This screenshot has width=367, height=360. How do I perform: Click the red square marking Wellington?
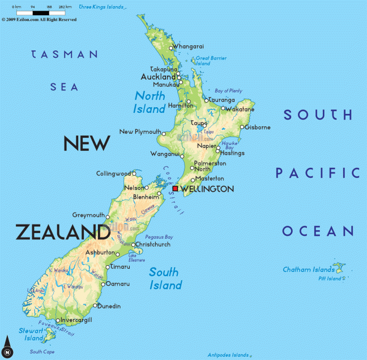[176, 188]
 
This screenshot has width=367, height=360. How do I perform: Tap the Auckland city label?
[158, 77]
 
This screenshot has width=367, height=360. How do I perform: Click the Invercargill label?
[76, 320]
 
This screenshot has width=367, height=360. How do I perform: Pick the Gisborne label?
[258, 127]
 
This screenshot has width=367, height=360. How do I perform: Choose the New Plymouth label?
[140, 132]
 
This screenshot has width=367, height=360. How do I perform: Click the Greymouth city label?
[89, 215]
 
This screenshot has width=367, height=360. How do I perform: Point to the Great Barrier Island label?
[211, 60]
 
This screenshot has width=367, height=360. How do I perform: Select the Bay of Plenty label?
[228, 91]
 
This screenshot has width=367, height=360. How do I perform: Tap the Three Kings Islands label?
[100, 7]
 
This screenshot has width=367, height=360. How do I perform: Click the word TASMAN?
[64, 54]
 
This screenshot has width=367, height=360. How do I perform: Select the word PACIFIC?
[317, 172]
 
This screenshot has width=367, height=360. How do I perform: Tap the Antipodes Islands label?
[228, 355]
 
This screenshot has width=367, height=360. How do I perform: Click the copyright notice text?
[39, 19]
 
